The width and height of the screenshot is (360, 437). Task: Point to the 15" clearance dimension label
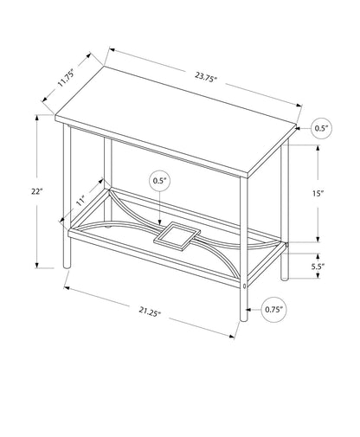click(x=319, y=194)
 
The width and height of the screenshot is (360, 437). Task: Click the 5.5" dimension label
click(x=319, y=267)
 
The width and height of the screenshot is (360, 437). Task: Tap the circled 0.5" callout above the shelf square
click(x=159, y=182)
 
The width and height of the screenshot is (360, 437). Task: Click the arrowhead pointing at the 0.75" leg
click(x=251, y=308)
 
